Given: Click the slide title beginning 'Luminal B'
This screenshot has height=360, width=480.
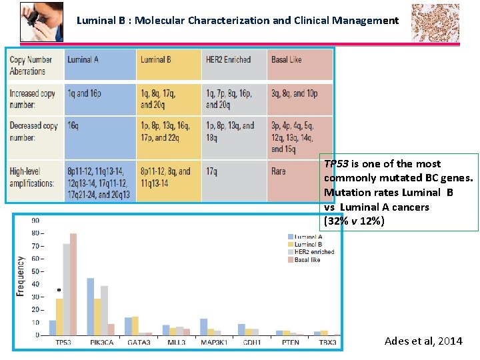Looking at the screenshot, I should click(x=237, y=20).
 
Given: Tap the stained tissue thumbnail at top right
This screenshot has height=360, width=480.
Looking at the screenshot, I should click(x=435, y=22).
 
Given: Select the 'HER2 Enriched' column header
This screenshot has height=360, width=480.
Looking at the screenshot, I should click(x=228, y=60).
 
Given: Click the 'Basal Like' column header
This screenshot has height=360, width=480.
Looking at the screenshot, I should click(x=286, y=60).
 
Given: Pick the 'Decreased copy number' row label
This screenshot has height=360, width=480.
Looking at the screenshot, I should click(x=33, y=131).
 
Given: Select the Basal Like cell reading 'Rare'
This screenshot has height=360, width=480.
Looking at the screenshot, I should click(x=279, y=171).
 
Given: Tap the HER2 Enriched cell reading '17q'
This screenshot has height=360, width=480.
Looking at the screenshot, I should click(x=211, y=171).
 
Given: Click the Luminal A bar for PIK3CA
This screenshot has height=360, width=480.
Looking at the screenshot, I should click(x=90, y=306).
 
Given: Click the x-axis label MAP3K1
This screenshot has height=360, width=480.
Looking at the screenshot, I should click(x=214, y=343).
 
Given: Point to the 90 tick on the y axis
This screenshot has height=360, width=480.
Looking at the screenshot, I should click(x=35, y=221).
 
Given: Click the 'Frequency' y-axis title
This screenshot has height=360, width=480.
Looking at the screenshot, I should click(x=20, y=277).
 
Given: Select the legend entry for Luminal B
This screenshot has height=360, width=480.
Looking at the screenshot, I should click(x=307, y=245).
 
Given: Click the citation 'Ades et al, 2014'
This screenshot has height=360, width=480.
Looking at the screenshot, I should click(x=423, y=341).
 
